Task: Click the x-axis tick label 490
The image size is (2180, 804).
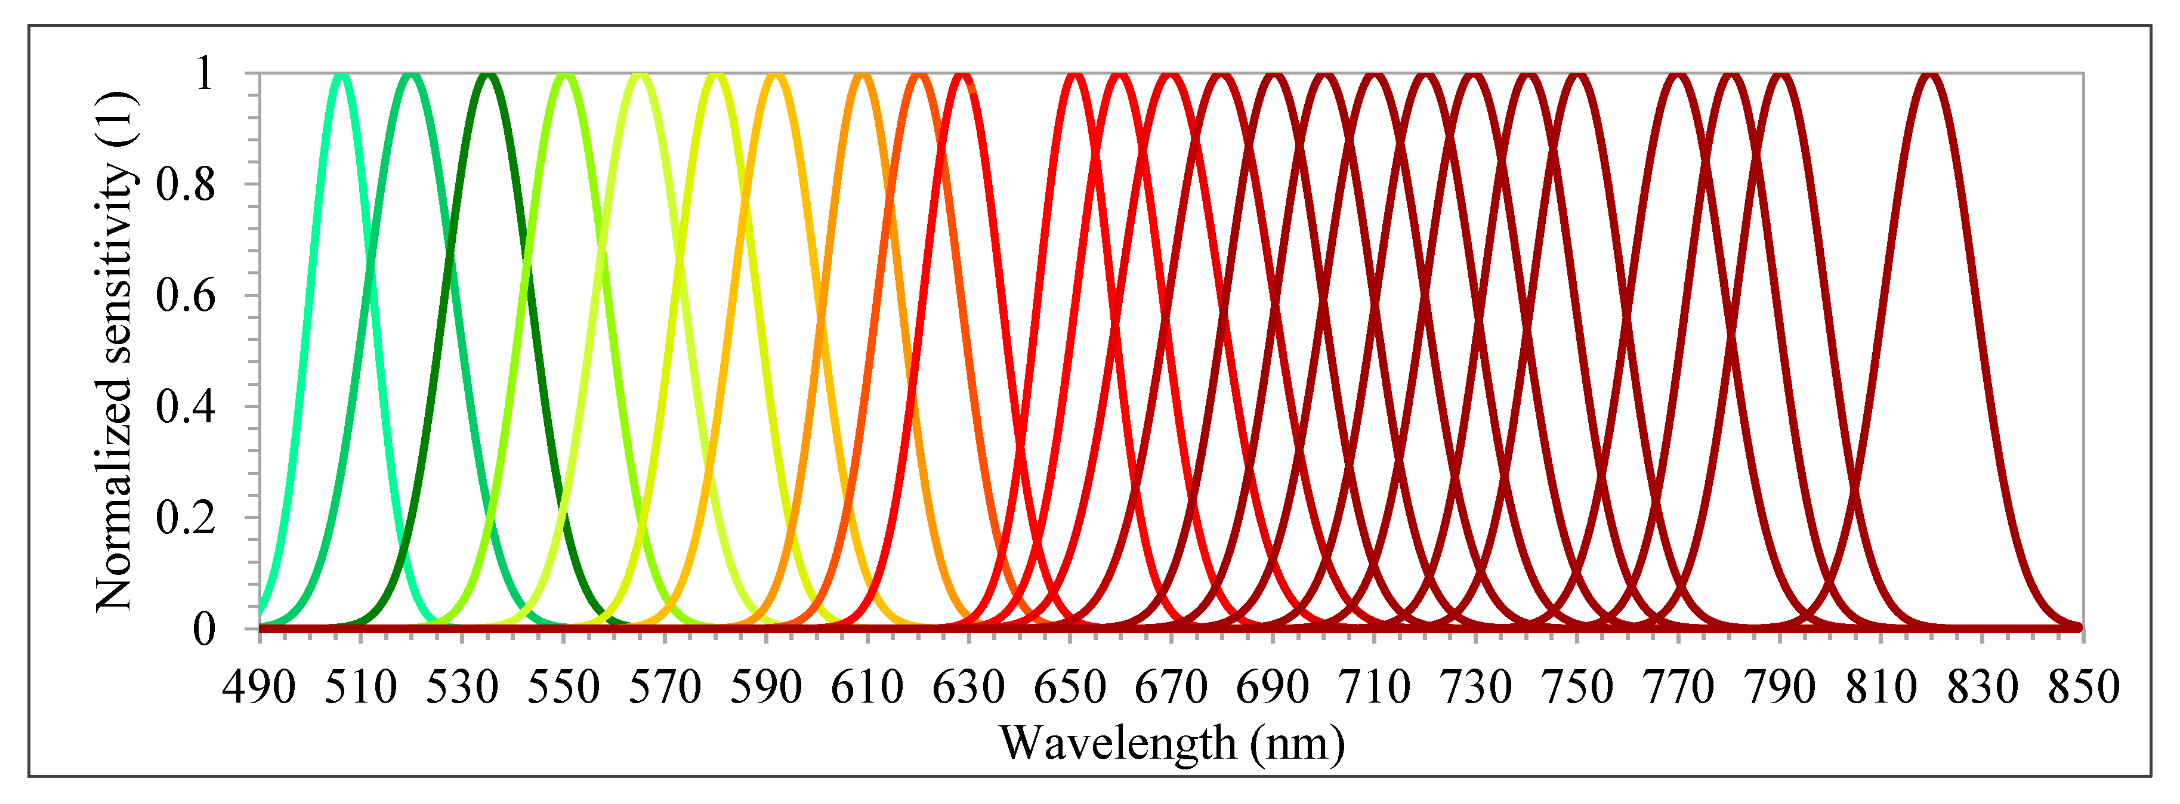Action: [259, 687]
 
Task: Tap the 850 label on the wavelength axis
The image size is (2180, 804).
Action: [2083, 687]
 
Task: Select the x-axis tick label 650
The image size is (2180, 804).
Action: [1070, 687]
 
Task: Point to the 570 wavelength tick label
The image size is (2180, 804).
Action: [665, 687]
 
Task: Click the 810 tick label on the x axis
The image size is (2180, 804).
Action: [1881, 687]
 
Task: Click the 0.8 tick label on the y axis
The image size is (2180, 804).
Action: [186, 184]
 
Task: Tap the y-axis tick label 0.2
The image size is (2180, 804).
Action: [186, 518]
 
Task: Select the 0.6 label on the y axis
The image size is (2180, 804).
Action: [186, 296]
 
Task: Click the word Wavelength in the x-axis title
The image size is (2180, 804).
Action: [1117, 743]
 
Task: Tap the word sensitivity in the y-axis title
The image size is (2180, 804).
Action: [114, 262]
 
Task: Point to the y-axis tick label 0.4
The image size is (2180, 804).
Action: [186, 407]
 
